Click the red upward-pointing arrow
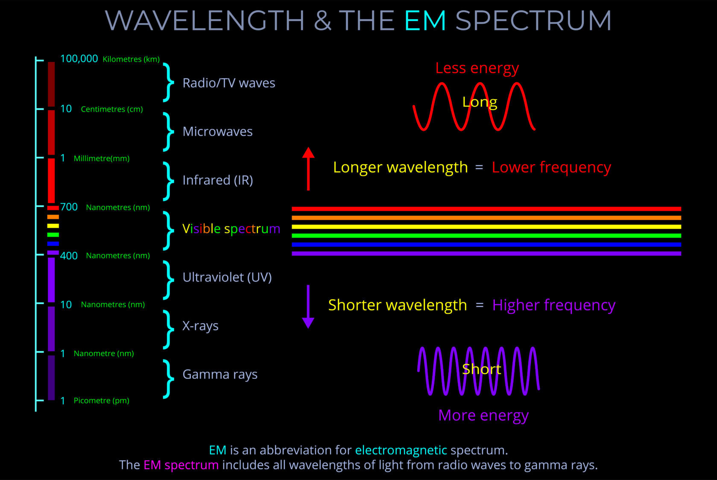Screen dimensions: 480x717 pos(308,169)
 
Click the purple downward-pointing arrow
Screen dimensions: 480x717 pos(308,306)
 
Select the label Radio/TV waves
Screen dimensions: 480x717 pos(228,83)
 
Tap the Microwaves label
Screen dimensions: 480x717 pos(217,132)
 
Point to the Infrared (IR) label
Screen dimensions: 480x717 pos(217,180)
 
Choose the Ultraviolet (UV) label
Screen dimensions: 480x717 pos(227,277)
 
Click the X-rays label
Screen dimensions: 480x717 pos(200,326)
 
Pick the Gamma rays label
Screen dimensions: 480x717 pos(219,375)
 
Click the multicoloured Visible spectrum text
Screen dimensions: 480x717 pos(231,229)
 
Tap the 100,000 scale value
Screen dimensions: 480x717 pos(79,59)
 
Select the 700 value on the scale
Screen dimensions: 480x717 pos(69,207)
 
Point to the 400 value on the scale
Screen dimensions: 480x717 pos(69,256)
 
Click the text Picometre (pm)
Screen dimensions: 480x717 pos(101,401)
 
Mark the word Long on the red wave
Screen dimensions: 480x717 pos(480,102)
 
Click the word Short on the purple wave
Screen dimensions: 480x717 pos(481,369)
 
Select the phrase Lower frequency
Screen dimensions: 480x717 pos(551,167)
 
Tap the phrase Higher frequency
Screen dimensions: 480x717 pos(553,305)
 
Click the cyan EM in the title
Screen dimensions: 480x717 pos(425,20)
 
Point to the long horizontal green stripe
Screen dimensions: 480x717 pos(486,236)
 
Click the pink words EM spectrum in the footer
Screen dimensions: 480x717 pos(181,465)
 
